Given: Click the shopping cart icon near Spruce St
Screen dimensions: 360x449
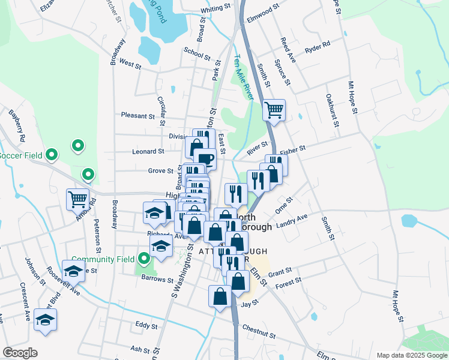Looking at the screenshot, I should (x=274, y=110).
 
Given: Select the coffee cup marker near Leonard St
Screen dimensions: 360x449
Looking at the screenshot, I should (x=205, y=159).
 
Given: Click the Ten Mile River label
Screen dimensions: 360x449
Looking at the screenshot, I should (x=243, y=77).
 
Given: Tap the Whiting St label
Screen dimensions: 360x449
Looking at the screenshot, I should (x=216, y=8).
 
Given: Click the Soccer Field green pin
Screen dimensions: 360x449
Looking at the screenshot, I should (x=52, y=155).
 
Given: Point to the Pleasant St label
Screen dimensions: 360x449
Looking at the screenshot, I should (x=137, y=115).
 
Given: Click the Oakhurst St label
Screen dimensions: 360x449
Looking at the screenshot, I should (x=330, y=107).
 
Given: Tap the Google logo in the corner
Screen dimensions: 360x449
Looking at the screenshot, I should (x=20, y=353).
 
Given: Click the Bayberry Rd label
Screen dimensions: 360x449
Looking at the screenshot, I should (x=17, y=125).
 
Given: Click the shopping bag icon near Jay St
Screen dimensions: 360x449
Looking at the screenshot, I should (x=220, y=296).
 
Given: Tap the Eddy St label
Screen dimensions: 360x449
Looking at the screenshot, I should (x=146, y=326).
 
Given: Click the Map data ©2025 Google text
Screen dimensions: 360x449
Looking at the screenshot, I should (x=411, y=355).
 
